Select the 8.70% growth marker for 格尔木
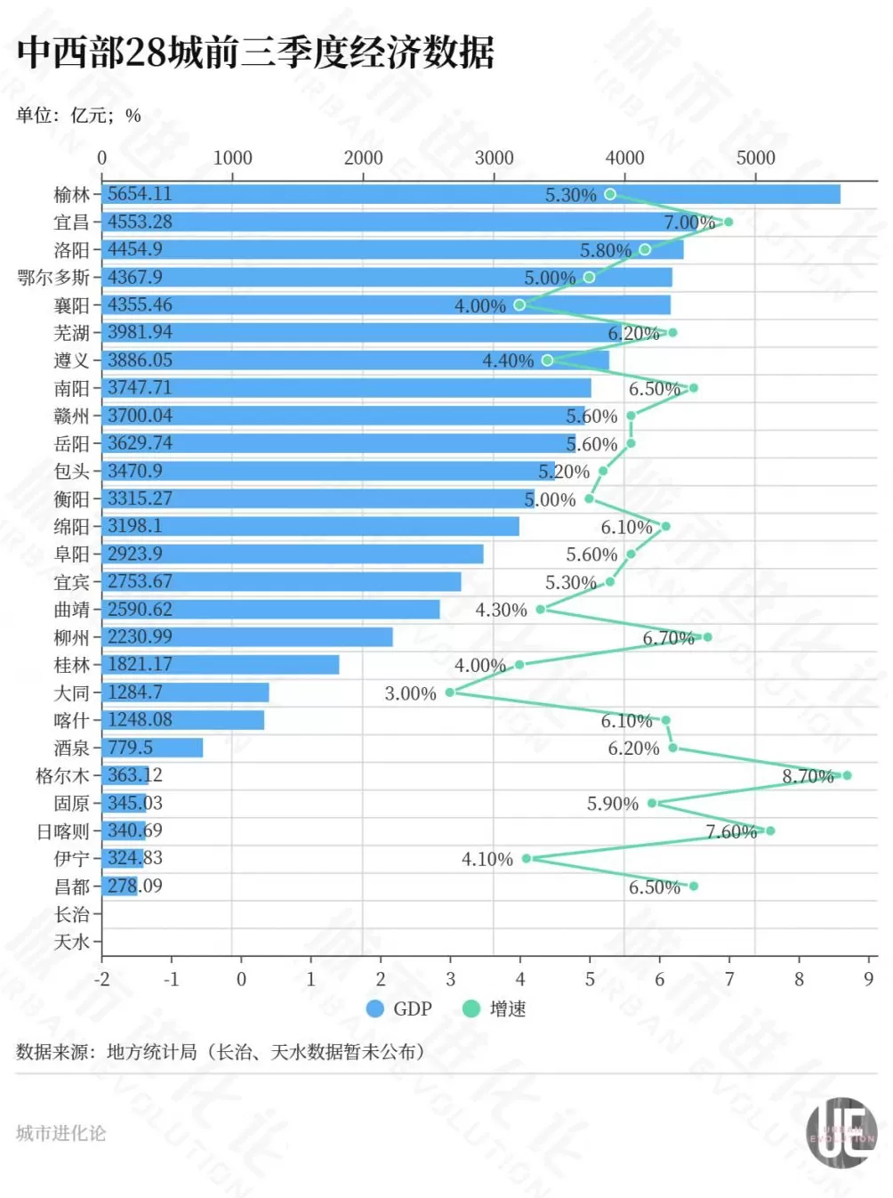[x=847, y=775]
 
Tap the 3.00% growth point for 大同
[x=450, y=692]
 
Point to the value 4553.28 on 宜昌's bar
[x=140, y=222]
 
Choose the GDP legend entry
[x=399, y=1008]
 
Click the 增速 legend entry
[x=495, y=1008]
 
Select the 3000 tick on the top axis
[x=494, y=158]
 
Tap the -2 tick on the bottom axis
[x=101, y=979]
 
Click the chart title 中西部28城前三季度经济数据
[x=255, y=53]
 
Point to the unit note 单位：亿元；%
[x=78, y=116]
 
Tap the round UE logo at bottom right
[x=841, y=1133]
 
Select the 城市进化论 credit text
[x=60, y=1133]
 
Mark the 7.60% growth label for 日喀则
[x=731, y=831]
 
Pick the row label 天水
[x=71, y=942]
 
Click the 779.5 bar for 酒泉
[x=151, y=748]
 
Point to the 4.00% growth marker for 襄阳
[x=519, y=305]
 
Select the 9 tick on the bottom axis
[x=868, y=979]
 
